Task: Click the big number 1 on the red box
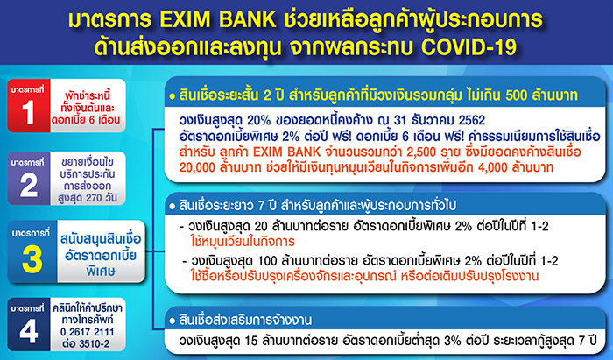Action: (x=28, y=113)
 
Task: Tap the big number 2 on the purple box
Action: (x=29, y=185)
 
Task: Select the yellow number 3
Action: (x=32, y=259)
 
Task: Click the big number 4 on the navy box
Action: (x=29, y=331)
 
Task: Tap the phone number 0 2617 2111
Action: (x=88, y=332)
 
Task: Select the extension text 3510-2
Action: (x=95, y=344)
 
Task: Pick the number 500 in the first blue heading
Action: (x=517, y=95)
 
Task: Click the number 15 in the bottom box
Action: (x=250, y=341)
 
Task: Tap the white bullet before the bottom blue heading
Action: (x=172, y=321)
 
